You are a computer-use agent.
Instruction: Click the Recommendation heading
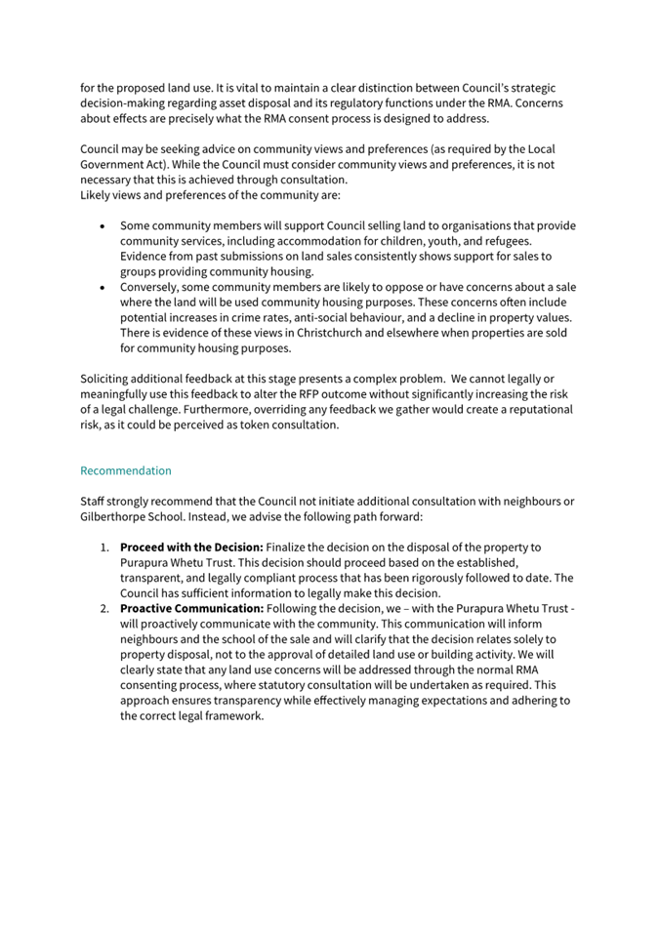tap(125, 470)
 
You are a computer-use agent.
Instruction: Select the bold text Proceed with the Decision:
tap(191, 547)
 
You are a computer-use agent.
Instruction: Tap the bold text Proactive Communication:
tap(191, 608)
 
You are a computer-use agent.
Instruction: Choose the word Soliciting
tap(105, 379)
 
